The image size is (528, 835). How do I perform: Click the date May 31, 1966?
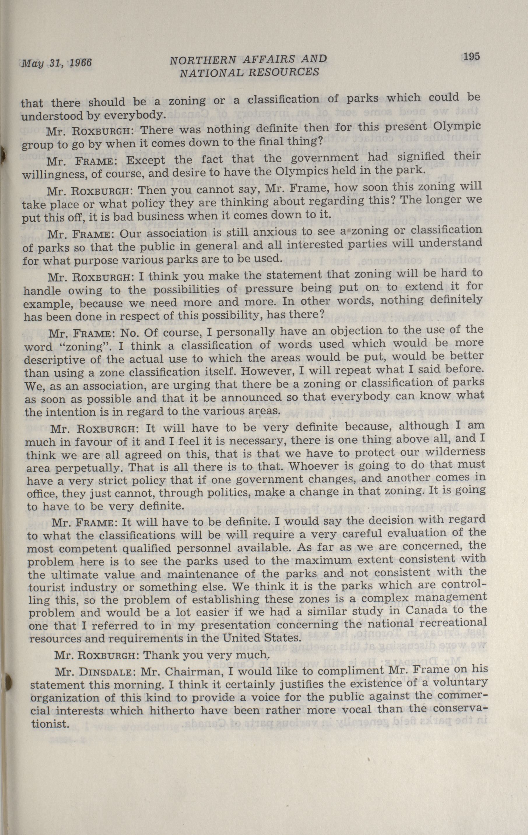tap(57, 63)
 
